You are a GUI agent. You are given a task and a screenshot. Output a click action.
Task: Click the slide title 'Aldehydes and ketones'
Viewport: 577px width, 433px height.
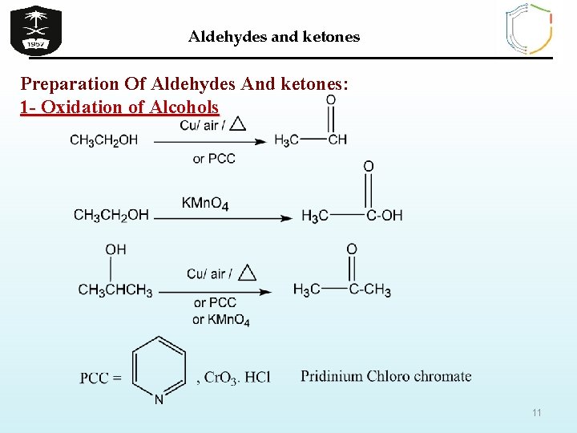click(x=274, y=37)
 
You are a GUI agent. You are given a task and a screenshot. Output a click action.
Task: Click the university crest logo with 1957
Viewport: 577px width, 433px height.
click(x=35, y=29)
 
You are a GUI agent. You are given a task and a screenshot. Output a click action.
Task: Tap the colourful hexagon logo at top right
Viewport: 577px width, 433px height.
click(x=529, y=29)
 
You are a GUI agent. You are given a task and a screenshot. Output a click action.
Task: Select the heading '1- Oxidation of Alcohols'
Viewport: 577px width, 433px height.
click(x=119, y=107)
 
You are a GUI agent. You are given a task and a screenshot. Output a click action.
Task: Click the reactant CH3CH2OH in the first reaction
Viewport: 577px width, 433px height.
click(x=103, y=140)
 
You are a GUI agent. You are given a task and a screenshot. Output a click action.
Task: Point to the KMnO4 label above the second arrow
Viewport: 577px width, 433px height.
click(x=205, y=204)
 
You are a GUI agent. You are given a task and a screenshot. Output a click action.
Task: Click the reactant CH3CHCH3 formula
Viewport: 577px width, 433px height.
click(x=115, y=290)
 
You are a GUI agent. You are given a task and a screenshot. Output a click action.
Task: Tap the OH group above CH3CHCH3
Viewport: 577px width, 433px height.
click(x=115, y=249)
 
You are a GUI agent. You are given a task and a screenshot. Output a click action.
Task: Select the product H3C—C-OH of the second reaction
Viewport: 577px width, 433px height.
click(x=352, y=215)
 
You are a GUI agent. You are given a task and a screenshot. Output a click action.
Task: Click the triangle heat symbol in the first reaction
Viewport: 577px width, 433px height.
click(x=237, y=123)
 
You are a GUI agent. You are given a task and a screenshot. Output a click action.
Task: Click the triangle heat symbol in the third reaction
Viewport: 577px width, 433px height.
click(x=247, y=273)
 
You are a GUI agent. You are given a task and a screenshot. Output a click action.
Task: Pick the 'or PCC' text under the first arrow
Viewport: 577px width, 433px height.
click(x=214, y=159)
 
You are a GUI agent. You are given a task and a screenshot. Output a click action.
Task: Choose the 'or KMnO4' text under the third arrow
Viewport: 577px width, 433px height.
click(x=220, y=321)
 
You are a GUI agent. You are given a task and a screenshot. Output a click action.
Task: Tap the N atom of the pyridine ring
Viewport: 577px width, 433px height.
click(x=159, y=399)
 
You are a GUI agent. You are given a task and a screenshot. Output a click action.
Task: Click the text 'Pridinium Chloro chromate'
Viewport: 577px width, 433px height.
click(x=385, y=376)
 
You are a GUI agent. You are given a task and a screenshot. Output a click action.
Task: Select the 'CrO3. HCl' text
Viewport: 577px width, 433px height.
click(x=237, y=378)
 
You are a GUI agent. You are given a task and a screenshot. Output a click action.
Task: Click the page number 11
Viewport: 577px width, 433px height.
click(x=537, y=413)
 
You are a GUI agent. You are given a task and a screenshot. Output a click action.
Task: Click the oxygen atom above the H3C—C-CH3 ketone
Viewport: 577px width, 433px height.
click(x=351, y=249)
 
